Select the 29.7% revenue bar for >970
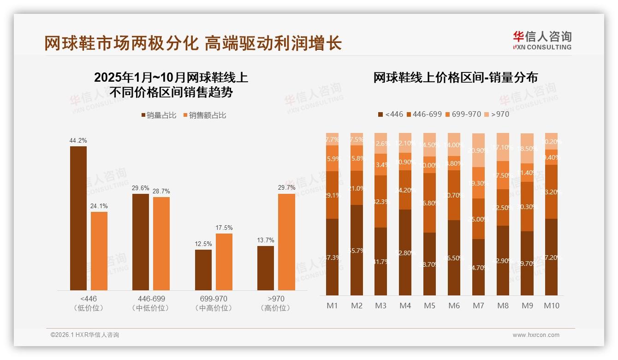tap(286, 242)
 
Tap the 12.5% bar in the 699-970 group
tap(203, 270)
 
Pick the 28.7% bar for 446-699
tap(161, 243)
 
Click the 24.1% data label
tap(99, 206)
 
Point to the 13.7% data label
tap(265, 240)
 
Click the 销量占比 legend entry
tap(159, 115)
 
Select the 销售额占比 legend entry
tap(205, 115)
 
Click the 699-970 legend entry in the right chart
tap(463, 114)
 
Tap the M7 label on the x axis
tap(478, 306)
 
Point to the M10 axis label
tap(551, 306)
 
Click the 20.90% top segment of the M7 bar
tap(478, 150)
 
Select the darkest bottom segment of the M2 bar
tap(357, 250)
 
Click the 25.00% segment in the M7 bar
tap(478, 218)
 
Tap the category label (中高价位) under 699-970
tap(214, 308)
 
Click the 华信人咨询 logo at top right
tap(542, 41)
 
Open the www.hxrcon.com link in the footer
tap(536, 335)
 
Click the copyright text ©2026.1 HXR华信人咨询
tap(84, 335)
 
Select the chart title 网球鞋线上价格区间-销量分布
tap(455, 78)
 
